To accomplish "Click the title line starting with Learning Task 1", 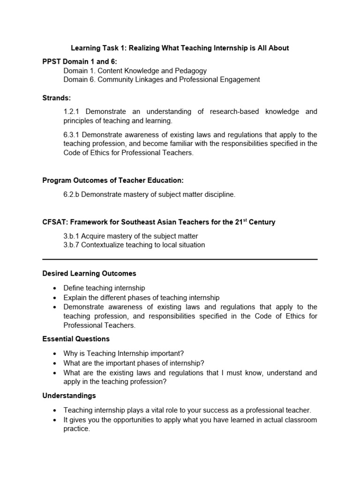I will click(x=180, y=48).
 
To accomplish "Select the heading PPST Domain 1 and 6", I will click(x=80, y=61).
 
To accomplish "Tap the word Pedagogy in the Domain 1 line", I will click(x=190, y=71).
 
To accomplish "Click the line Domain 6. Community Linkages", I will click(x=161, y=80).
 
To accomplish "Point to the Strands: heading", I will click(x=57, y=98).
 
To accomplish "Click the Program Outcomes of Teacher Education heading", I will click(x=113, y=180).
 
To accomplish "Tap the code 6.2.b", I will click(x=72, y=195).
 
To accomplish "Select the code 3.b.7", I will click(x=72, y=245).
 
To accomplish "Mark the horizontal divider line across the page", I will click(x=180, y=259).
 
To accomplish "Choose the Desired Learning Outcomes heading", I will click(x=89, y=273).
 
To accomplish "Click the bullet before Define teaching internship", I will click(x=55, y=288).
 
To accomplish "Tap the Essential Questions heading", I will click(x=76, y=339).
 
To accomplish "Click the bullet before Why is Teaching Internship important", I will click(x=55, y=354).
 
